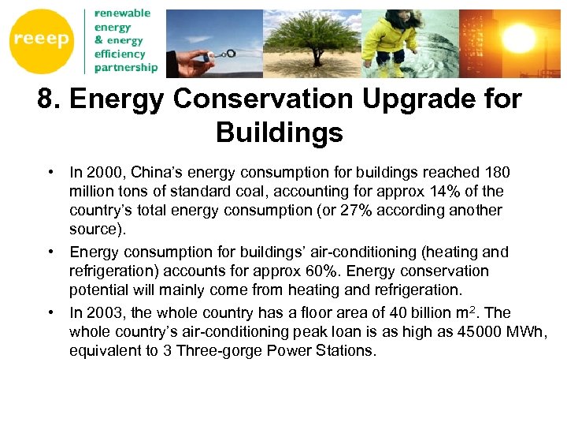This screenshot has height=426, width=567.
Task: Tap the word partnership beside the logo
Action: point(125,68)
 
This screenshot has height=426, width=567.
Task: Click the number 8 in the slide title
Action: point(46,99)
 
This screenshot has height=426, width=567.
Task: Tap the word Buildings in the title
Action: point(280,133)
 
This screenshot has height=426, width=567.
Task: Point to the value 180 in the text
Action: point(497,173)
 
